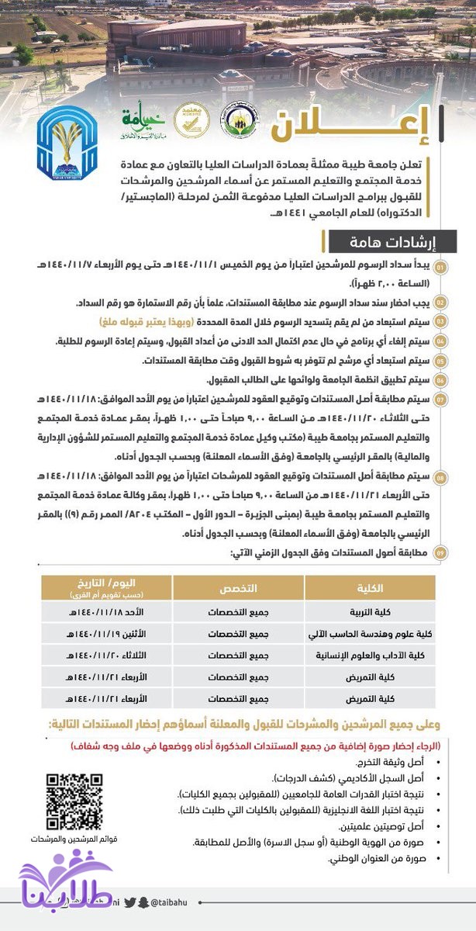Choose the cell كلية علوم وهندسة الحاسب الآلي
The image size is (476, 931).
click(361, 633)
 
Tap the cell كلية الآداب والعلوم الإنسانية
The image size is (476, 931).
click(361, 655)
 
